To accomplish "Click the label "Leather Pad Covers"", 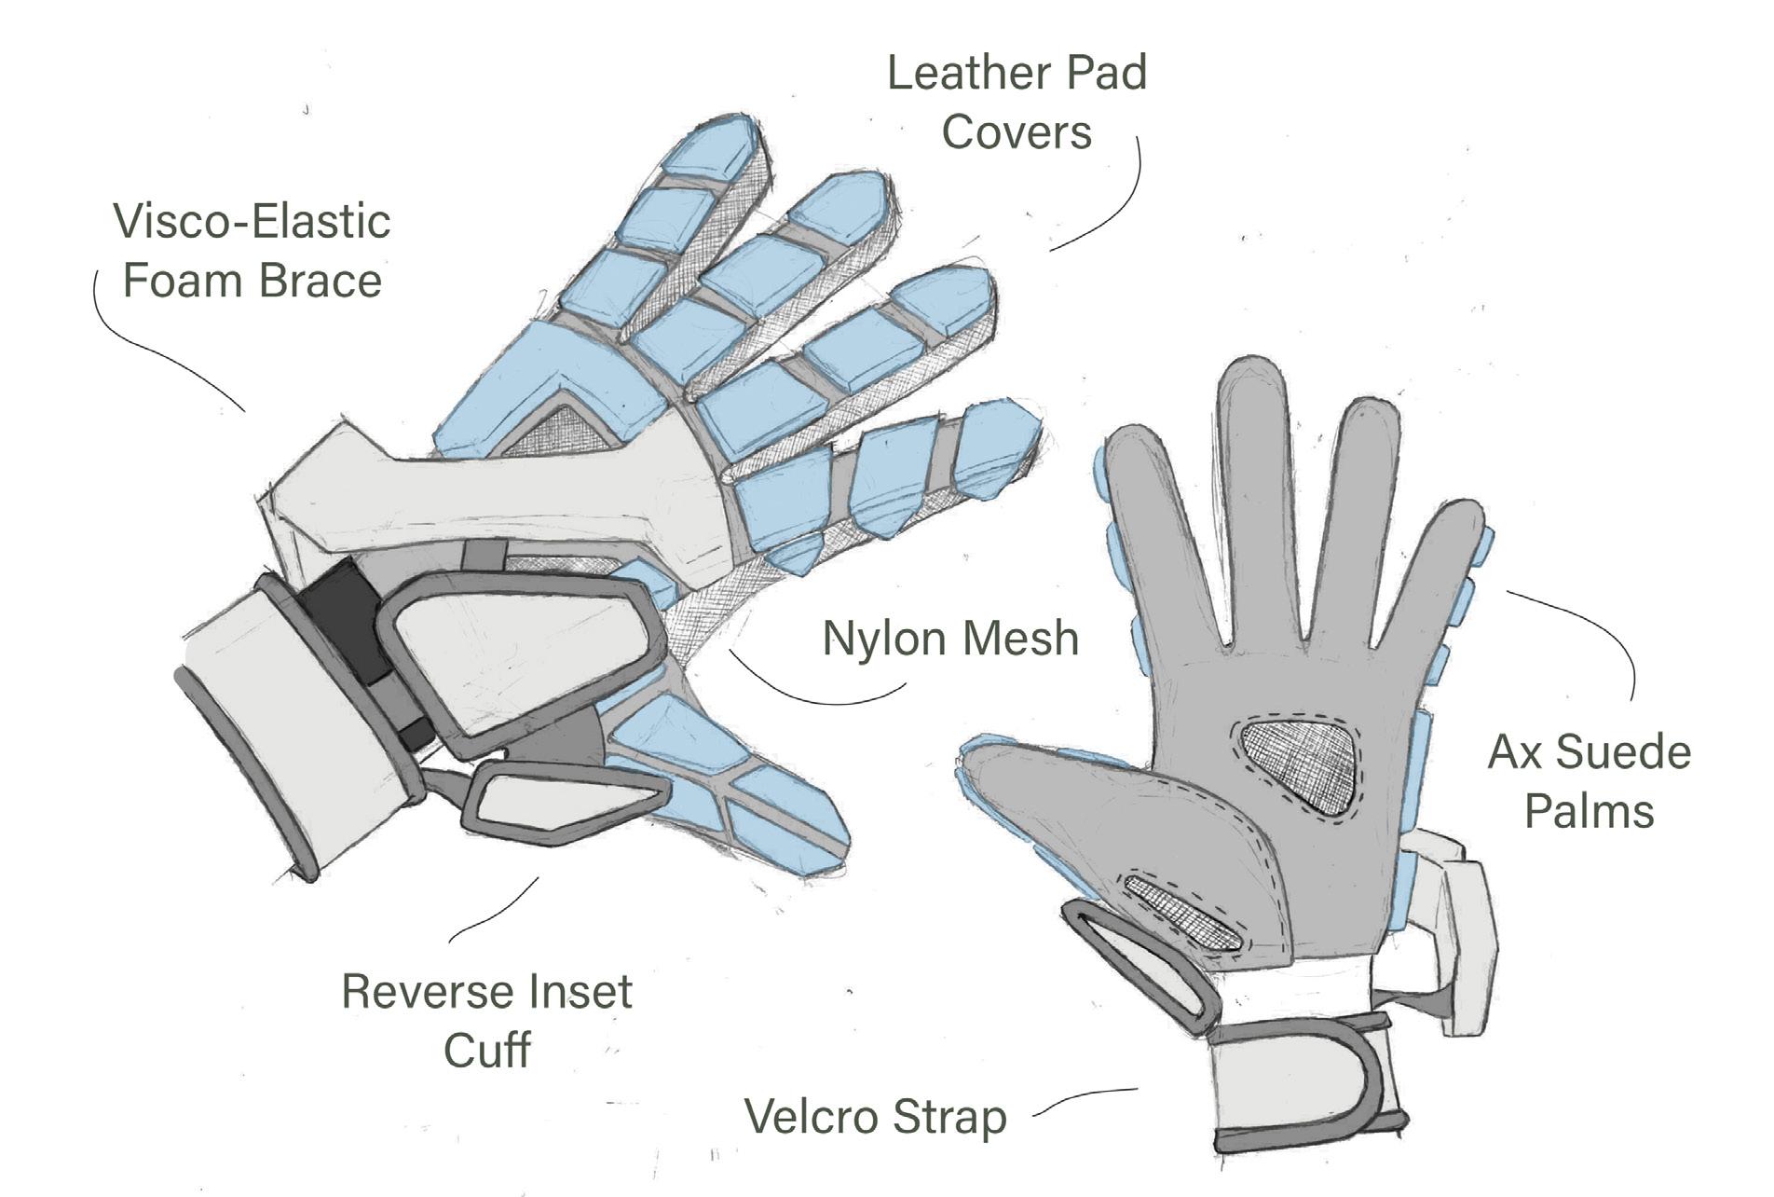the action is click(x=1017, y=102).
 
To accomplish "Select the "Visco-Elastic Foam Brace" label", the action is click(x=252, y=251).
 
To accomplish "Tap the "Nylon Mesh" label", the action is click(x=950, y=639).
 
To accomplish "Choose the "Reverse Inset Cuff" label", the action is click(x=487, y=1020).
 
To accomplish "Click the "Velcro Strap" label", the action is click(x=876, y=1116).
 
